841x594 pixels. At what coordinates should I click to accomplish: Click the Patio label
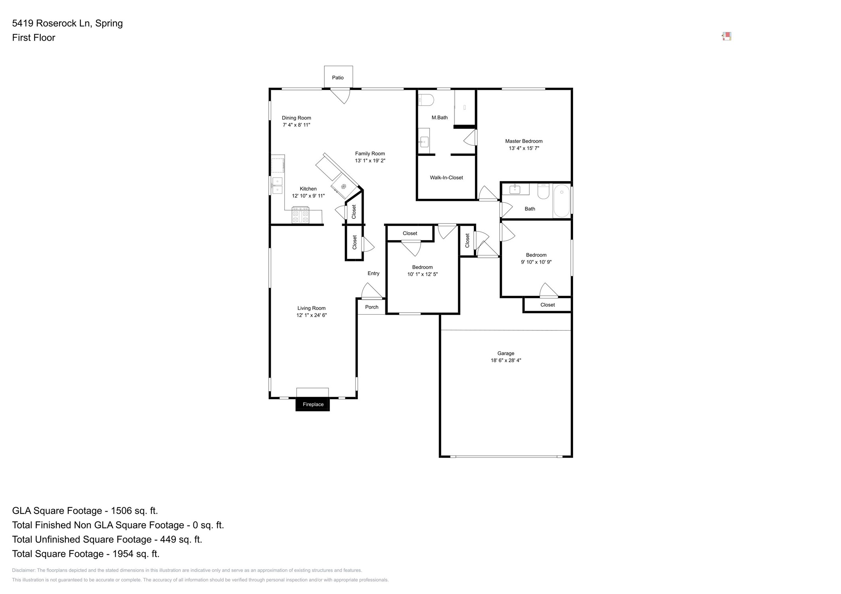[337, 78]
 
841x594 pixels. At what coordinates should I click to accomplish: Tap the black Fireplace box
[313, 404]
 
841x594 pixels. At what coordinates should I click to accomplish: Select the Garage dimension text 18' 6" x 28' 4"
[506, 361]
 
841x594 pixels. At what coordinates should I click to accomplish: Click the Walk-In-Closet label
[446, 178]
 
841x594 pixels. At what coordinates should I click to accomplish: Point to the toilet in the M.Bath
[425, 100]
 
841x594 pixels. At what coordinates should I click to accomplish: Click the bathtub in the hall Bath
[561, 201]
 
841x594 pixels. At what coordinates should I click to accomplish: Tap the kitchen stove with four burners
[300, 215]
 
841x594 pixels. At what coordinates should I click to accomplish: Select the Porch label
[371, 307]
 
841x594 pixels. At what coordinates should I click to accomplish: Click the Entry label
[373, 273]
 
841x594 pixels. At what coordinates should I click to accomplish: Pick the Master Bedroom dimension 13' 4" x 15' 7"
[524, 148]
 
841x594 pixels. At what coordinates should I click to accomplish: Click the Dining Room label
[296, 118]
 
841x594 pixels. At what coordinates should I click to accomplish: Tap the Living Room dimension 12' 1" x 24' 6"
[311, 315]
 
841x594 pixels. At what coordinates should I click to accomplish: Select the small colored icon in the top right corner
[727, 37]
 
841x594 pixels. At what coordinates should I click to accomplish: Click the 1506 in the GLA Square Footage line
[121, 511]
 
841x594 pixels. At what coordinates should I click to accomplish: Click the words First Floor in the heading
[33, 37]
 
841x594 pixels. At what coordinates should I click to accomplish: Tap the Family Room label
[370, 154]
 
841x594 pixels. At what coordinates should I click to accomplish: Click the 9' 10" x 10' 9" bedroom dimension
[536, 262]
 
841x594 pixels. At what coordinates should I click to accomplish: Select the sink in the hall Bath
[515, 189]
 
